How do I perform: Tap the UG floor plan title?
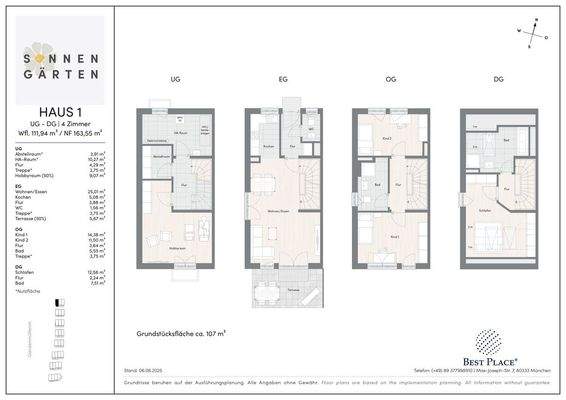175,79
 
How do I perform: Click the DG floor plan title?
497,79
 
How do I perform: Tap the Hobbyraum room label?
180,248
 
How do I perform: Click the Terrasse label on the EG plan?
294,286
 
